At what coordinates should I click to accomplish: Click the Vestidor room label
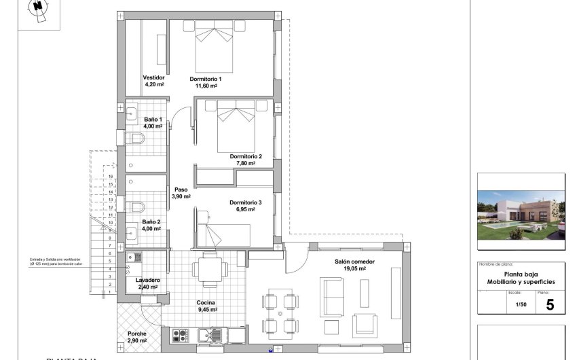(154, 78)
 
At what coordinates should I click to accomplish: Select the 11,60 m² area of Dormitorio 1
(206, 86)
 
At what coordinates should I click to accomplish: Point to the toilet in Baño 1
(136, 139)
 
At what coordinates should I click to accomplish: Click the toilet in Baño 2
(136, 206)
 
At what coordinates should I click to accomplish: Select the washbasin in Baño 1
(132, 113)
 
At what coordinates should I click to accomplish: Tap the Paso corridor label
(181, 190)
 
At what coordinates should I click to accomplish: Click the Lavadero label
(147, 280)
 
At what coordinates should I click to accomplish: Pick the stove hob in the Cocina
(180, 334)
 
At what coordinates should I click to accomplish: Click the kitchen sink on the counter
(210, 334)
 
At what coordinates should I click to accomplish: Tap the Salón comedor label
(354, 262)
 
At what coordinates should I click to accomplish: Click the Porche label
(137, 334)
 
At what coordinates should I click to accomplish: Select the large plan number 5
(549, 304)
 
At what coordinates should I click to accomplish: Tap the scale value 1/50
(521, 305)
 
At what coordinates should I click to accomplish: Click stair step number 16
(110, 176)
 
